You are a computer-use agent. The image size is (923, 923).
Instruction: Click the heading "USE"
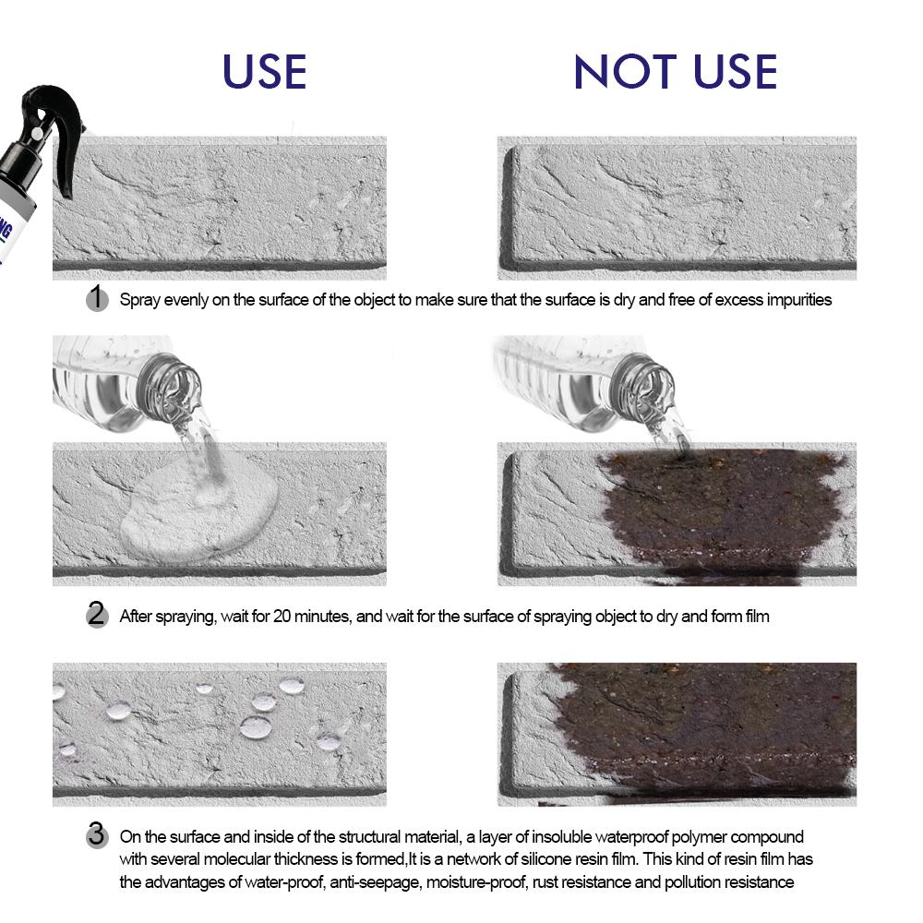point(264,72)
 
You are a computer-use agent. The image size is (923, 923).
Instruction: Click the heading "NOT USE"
point(675,72)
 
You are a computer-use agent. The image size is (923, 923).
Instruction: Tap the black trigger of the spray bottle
point(69,162)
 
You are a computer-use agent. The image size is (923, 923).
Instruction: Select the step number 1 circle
point(97,298)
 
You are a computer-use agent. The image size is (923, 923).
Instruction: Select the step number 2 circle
point(97,615)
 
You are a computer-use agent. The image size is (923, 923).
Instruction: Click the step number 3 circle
point(97,836)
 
